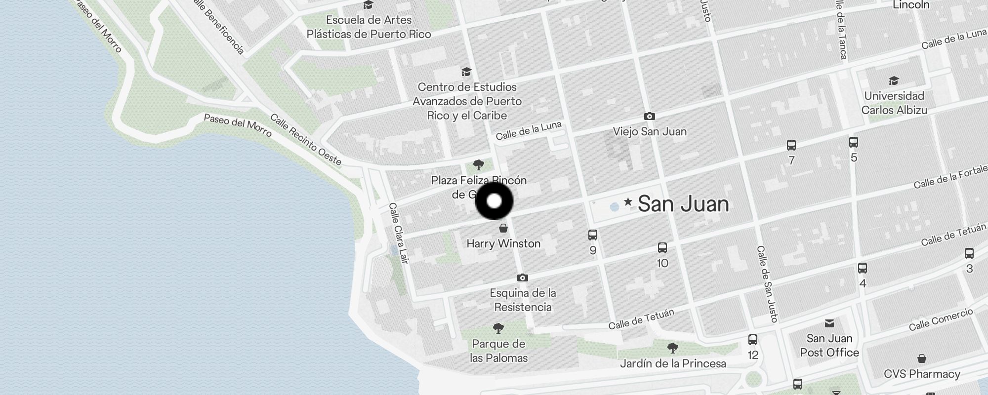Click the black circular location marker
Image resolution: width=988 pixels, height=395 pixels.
(494, 201)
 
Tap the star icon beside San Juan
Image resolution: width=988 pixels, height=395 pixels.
(628, 202)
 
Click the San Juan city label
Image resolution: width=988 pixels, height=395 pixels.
(683, 204)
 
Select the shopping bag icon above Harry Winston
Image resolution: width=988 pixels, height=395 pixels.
(503, 228)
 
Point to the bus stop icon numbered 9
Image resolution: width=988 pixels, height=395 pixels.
(593, 235)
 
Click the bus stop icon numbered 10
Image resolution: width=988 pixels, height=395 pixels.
(662, 248)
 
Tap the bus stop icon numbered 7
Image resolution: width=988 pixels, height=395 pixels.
(791, 145)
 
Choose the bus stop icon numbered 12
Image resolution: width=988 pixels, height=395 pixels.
(753, 340)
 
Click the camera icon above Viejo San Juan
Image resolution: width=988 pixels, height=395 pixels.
(650, 117)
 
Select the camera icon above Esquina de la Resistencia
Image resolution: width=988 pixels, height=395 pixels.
(522, 278)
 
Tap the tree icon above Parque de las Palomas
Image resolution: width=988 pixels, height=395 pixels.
(498, 328)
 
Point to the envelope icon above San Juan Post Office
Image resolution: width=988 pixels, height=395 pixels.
(829, 323)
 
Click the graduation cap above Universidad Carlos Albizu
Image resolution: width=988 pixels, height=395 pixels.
(894, 81)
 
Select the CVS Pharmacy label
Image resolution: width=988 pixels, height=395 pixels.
(922, 374)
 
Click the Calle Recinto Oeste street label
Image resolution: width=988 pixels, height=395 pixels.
(306, 139)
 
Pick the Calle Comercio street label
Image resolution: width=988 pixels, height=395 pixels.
(941, 320)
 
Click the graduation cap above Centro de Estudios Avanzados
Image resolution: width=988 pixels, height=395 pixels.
(466, 72)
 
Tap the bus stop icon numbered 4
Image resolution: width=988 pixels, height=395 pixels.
(863, 268)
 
